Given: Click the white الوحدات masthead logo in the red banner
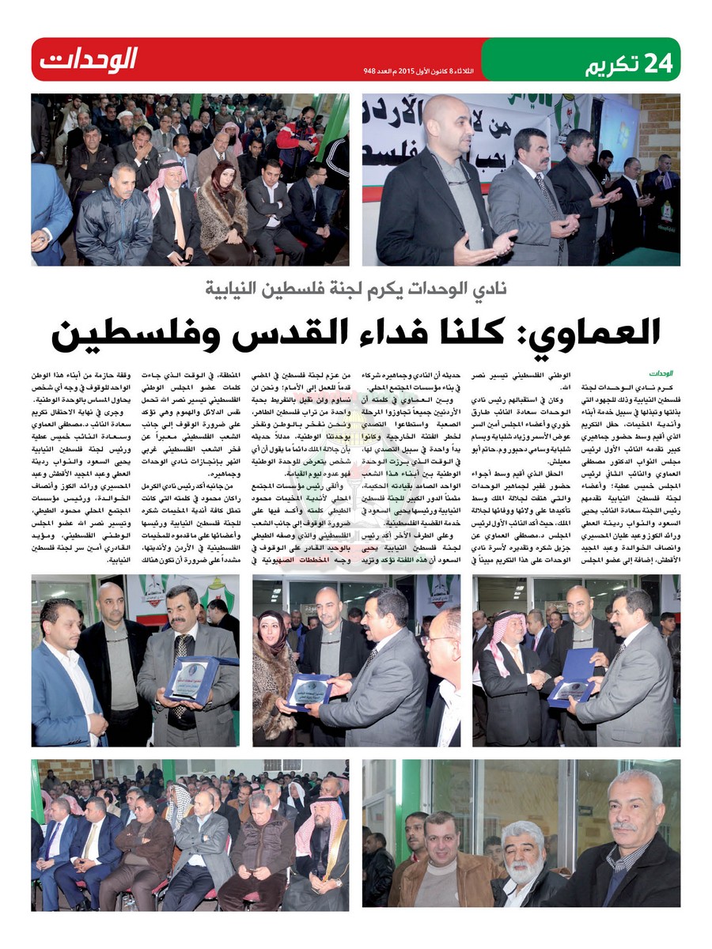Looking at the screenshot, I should [89, 59].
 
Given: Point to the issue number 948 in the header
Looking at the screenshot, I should [369, 71].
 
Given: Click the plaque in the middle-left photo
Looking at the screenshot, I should [191, 677].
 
